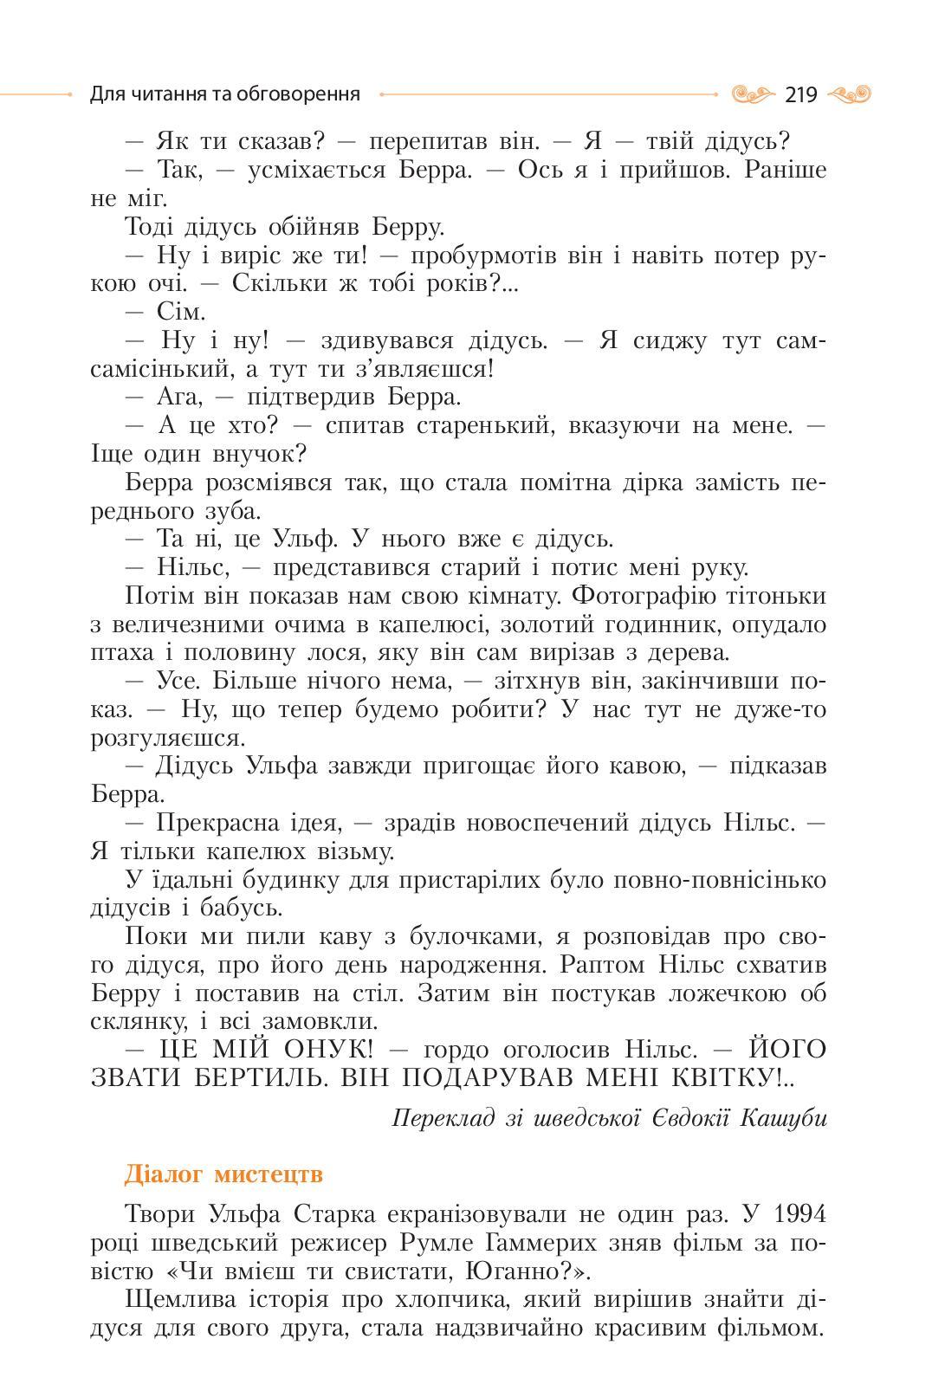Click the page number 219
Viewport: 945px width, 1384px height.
pos(800,94)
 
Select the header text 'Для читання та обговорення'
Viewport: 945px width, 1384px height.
pos(224,94)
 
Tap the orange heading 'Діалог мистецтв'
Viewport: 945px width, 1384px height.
pos(223,1174)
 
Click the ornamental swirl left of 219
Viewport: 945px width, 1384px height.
pos(752,94)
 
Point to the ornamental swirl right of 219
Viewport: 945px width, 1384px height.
pos(849,94)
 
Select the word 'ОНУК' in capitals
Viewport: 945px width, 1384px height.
pos(329,1050)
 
